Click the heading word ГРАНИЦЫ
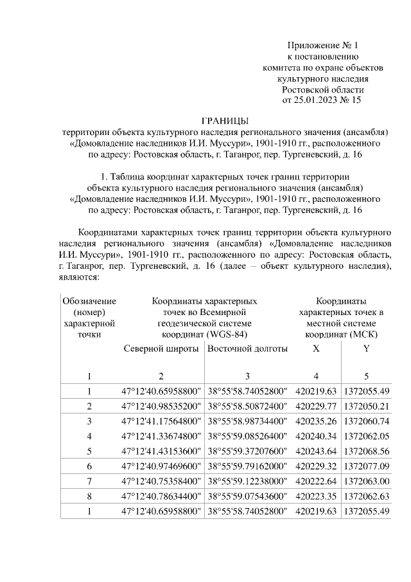pos(225,120)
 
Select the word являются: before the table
pos(78,278)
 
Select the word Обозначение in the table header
pos(89,301)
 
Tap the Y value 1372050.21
pos(367,406)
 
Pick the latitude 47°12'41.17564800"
pos(162,421)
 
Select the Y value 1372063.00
pos(367,480)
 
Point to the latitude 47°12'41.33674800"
pos(162,436)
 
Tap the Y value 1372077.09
pos(367,466)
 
